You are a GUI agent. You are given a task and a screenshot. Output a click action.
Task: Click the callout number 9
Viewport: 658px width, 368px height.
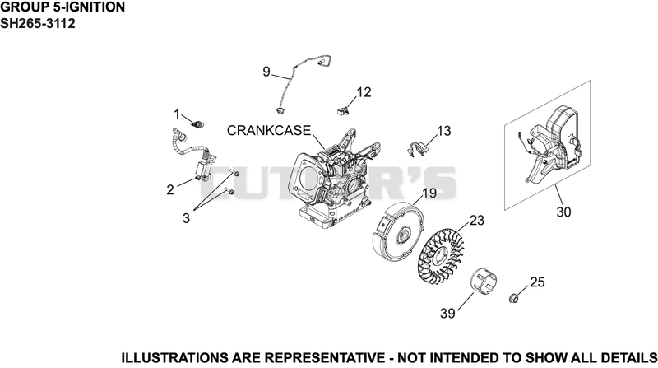tap(266, 72)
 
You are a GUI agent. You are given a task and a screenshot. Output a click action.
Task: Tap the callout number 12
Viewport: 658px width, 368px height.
tap(364, 92)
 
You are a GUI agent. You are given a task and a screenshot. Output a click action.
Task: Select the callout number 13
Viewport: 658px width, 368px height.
tap(443, 131)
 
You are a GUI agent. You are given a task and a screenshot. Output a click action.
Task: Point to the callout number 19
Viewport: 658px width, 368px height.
tap(429, 193)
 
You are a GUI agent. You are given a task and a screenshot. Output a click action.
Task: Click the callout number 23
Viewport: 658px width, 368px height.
tap(477, 220)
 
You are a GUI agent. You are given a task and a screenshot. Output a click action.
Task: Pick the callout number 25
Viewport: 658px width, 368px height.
tap(537, 282)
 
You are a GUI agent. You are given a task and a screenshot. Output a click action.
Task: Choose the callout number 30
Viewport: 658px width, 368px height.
tap(563, 212)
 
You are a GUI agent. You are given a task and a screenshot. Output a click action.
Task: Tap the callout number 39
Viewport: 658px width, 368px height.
tap(447, 313)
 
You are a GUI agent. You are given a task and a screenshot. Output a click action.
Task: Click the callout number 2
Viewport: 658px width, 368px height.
tap(170, 190)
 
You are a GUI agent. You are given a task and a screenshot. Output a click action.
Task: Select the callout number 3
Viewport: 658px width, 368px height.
tap(186, 218)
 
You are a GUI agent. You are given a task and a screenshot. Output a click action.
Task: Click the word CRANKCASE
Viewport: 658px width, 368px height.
tap(269, 131)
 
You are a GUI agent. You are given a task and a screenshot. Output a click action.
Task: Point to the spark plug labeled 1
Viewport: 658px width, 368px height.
tap(197, 124)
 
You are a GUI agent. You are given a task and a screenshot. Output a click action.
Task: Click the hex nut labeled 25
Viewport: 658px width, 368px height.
tap(513, 298)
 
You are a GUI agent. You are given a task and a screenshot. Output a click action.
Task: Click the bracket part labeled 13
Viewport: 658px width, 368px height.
tap(417, 149)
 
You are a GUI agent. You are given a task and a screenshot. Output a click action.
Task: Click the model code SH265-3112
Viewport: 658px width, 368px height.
tap(38, 23)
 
